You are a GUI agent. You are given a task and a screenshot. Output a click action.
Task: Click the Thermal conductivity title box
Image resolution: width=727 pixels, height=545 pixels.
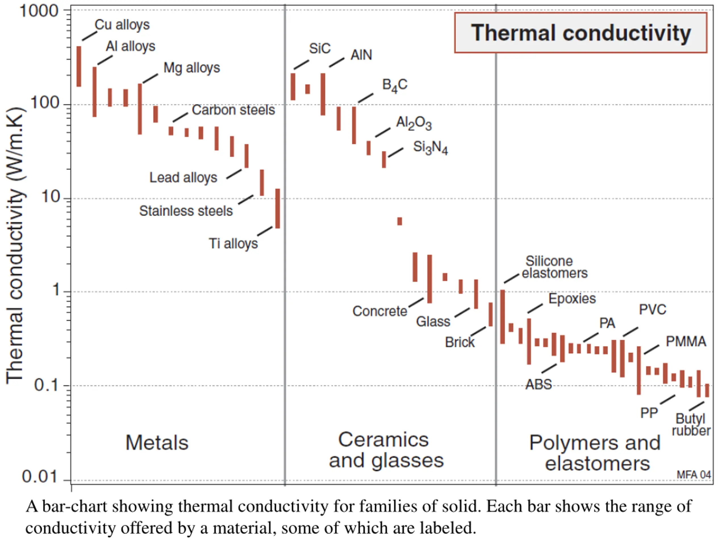(580, 33)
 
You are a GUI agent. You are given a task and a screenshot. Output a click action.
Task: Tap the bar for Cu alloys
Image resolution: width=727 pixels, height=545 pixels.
(79, 66)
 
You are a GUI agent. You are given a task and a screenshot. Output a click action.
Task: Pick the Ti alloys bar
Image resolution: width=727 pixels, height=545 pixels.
(278, 208)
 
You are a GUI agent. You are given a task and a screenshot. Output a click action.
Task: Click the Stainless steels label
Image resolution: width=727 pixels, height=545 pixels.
(186, 211)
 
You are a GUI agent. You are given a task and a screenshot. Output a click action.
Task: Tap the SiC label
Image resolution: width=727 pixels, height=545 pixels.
(319, 49)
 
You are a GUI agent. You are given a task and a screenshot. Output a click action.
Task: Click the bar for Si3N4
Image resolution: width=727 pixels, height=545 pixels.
(384, 160)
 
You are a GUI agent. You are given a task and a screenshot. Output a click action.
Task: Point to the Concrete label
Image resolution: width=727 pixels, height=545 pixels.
(380, 311)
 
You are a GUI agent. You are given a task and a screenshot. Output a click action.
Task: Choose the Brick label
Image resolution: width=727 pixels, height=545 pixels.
(459, 342)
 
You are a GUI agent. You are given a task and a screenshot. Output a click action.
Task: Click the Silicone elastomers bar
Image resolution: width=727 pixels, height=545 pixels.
(503, 317)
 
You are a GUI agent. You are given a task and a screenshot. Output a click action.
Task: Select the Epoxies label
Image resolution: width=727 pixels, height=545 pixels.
(572, 299)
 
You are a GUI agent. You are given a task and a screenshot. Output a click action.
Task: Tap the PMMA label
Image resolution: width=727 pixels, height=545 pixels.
(686, 342)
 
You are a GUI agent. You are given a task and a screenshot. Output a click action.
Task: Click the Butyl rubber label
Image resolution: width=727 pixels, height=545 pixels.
(691, 425)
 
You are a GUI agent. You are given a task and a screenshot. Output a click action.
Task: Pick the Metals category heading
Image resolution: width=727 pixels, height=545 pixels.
(157, 443)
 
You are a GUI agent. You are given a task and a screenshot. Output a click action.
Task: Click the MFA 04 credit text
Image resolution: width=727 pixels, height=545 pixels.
(694, 475)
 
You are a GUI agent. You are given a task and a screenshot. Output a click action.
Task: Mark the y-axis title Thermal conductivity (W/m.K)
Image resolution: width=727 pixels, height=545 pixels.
(15, 245)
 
